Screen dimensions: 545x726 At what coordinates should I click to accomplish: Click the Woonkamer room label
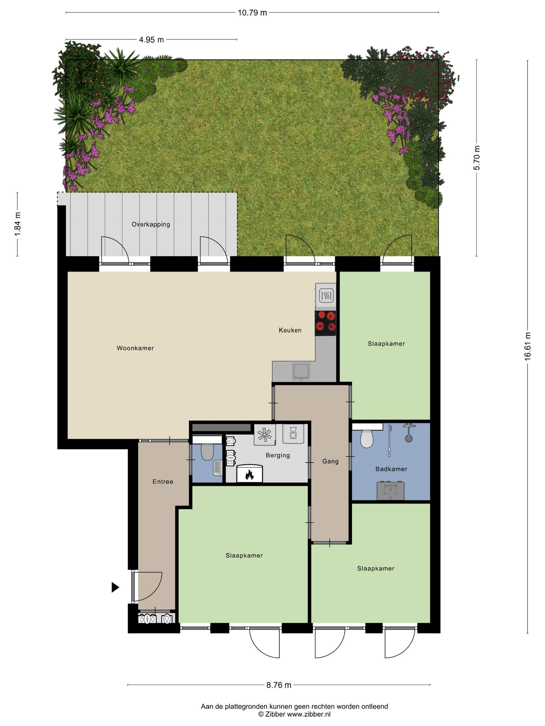tap(135, 348)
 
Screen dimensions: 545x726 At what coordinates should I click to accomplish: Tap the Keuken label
tap(290, 330)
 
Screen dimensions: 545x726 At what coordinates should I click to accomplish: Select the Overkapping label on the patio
tap(151, 224)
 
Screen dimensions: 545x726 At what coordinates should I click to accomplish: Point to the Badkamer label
tap(391, 469)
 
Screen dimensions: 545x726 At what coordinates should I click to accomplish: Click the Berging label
tap(278, 456)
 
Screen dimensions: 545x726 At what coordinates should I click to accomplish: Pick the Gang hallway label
tap(330, 462)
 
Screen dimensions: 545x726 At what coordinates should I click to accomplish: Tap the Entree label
tap(163, 481)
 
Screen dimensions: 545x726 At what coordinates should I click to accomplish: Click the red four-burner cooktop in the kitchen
tap(325, 323)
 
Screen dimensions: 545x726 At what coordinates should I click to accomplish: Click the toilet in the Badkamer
tap(367, 438)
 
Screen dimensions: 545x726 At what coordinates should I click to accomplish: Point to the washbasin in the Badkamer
tap(390, 491)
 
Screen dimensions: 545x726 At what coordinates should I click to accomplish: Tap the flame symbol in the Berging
tap(249, 474)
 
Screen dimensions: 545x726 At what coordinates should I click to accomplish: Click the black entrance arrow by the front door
tap(115, 587)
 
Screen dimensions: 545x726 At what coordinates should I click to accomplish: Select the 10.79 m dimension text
tap(252, 13)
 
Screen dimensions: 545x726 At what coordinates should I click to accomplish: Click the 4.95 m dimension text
tap(152, 40)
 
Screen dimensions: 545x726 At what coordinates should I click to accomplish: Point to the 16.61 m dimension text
tap(528, 346)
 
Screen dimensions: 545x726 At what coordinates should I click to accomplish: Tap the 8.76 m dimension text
tap(279, 685)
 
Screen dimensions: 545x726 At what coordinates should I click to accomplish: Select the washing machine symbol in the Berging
tap(293, 434)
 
